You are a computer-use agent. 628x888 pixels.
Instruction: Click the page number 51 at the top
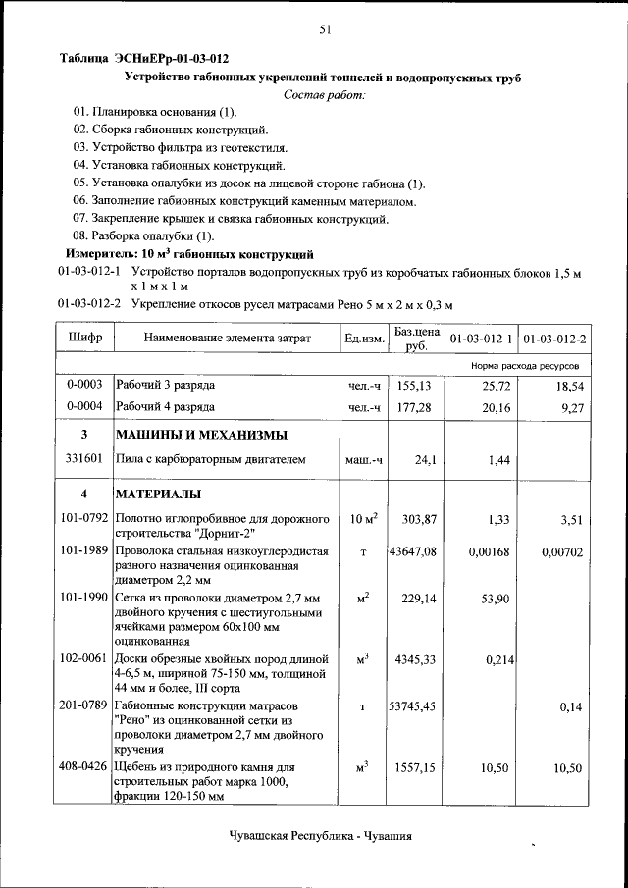324,30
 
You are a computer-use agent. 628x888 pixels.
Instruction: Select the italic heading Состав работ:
324,94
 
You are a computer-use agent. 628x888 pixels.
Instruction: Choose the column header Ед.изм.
364,339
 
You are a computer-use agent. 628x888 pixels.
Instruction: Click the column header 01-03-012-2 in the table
554,339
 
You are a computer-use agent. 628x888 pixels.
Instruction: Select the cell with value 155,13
416,387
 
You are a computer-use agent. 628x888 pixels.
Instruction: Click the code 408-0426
84,766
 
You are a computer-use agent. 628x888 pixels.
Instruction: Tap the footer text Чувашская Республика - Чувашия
320,836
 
